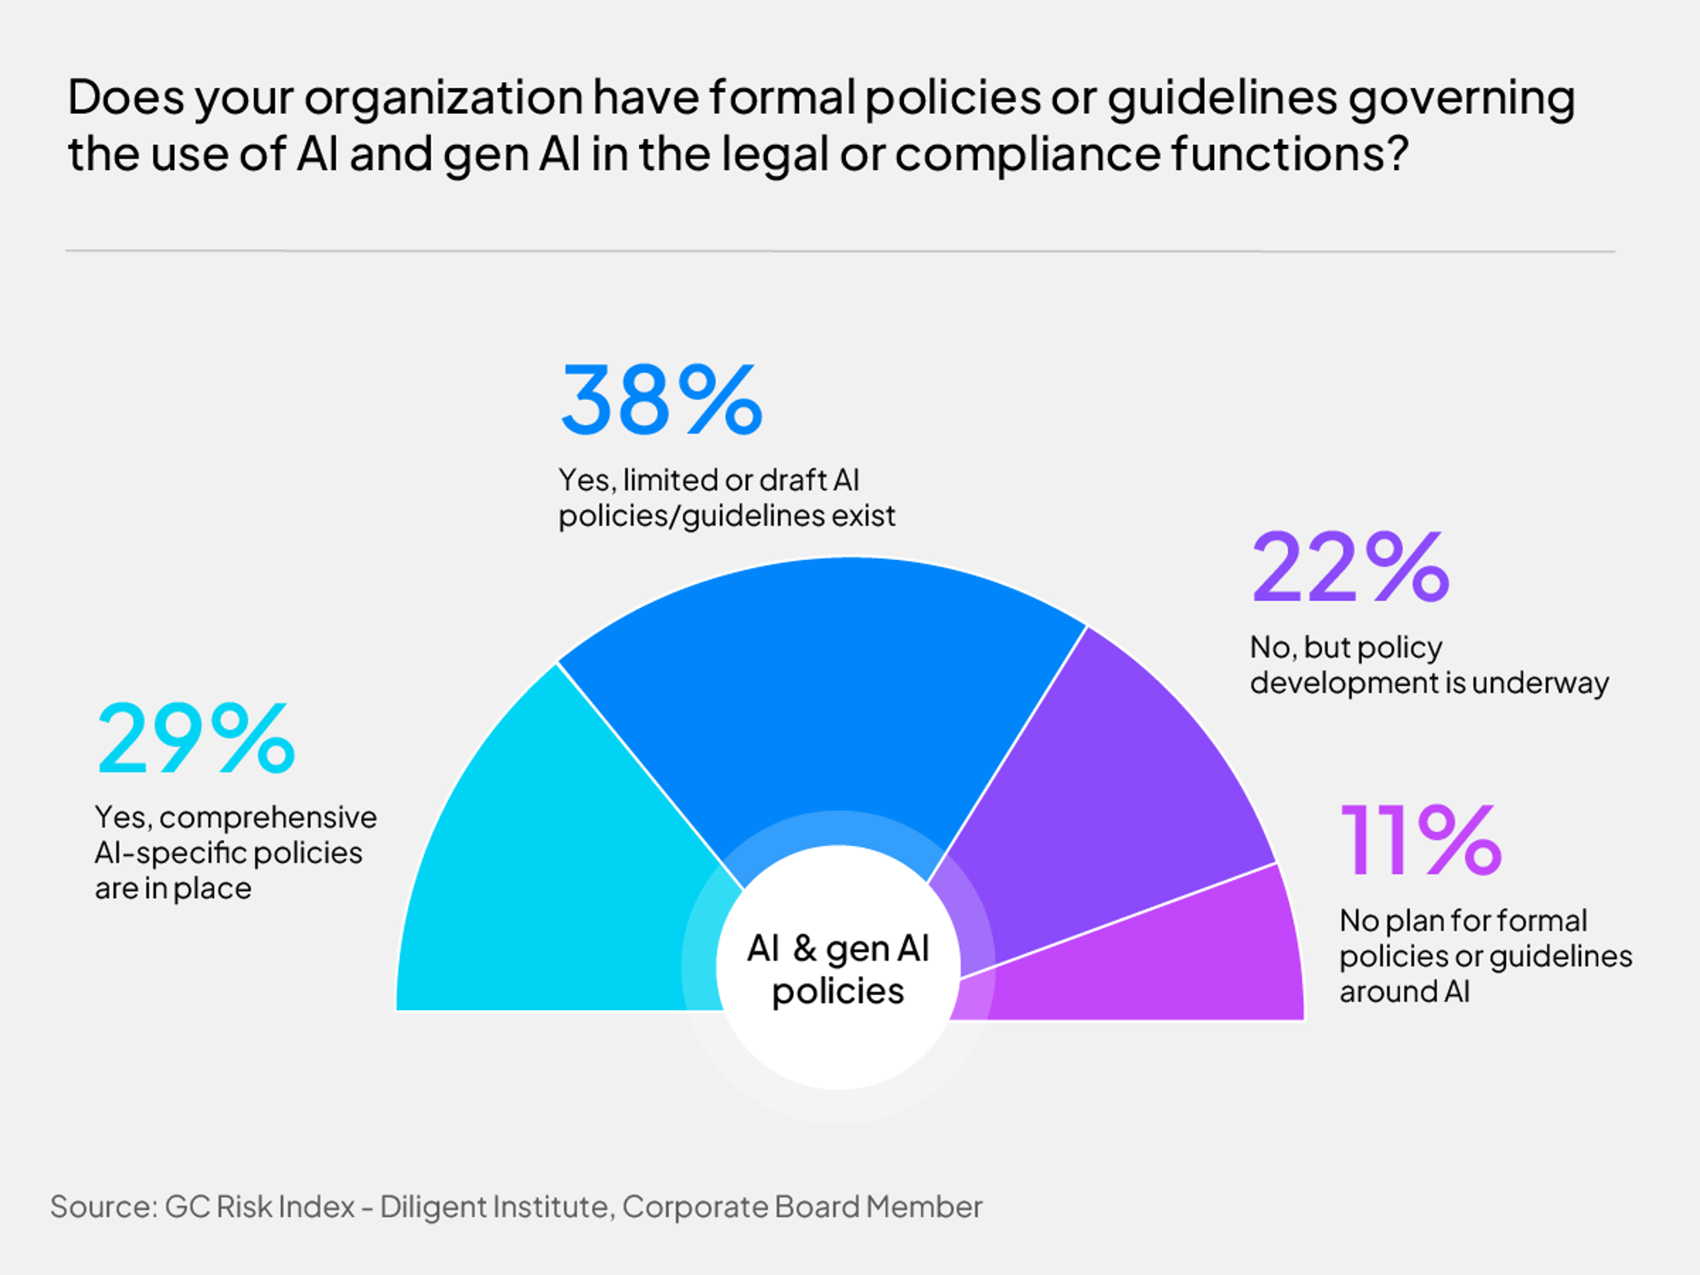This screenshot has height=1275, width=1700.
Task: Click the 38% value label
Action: click(x=661, y=400)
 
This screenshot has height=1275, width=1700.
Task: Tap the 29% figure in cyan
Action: click(x=196, y=738)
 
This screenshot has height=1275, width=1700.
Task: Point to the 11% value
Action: click(x=1420, y=840)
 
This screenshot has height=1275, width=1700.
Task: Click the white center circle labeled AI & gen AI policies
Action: click(x=838, y=968)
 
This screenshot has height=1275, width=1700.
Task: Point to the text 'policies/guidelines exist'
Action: click(x=726, y=516)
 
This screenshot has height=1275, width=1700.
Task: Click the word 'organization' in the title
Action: click(x=444, y=98)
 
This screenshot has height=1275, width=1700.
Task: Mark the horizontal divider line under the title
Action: click(x=839, y=251)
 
